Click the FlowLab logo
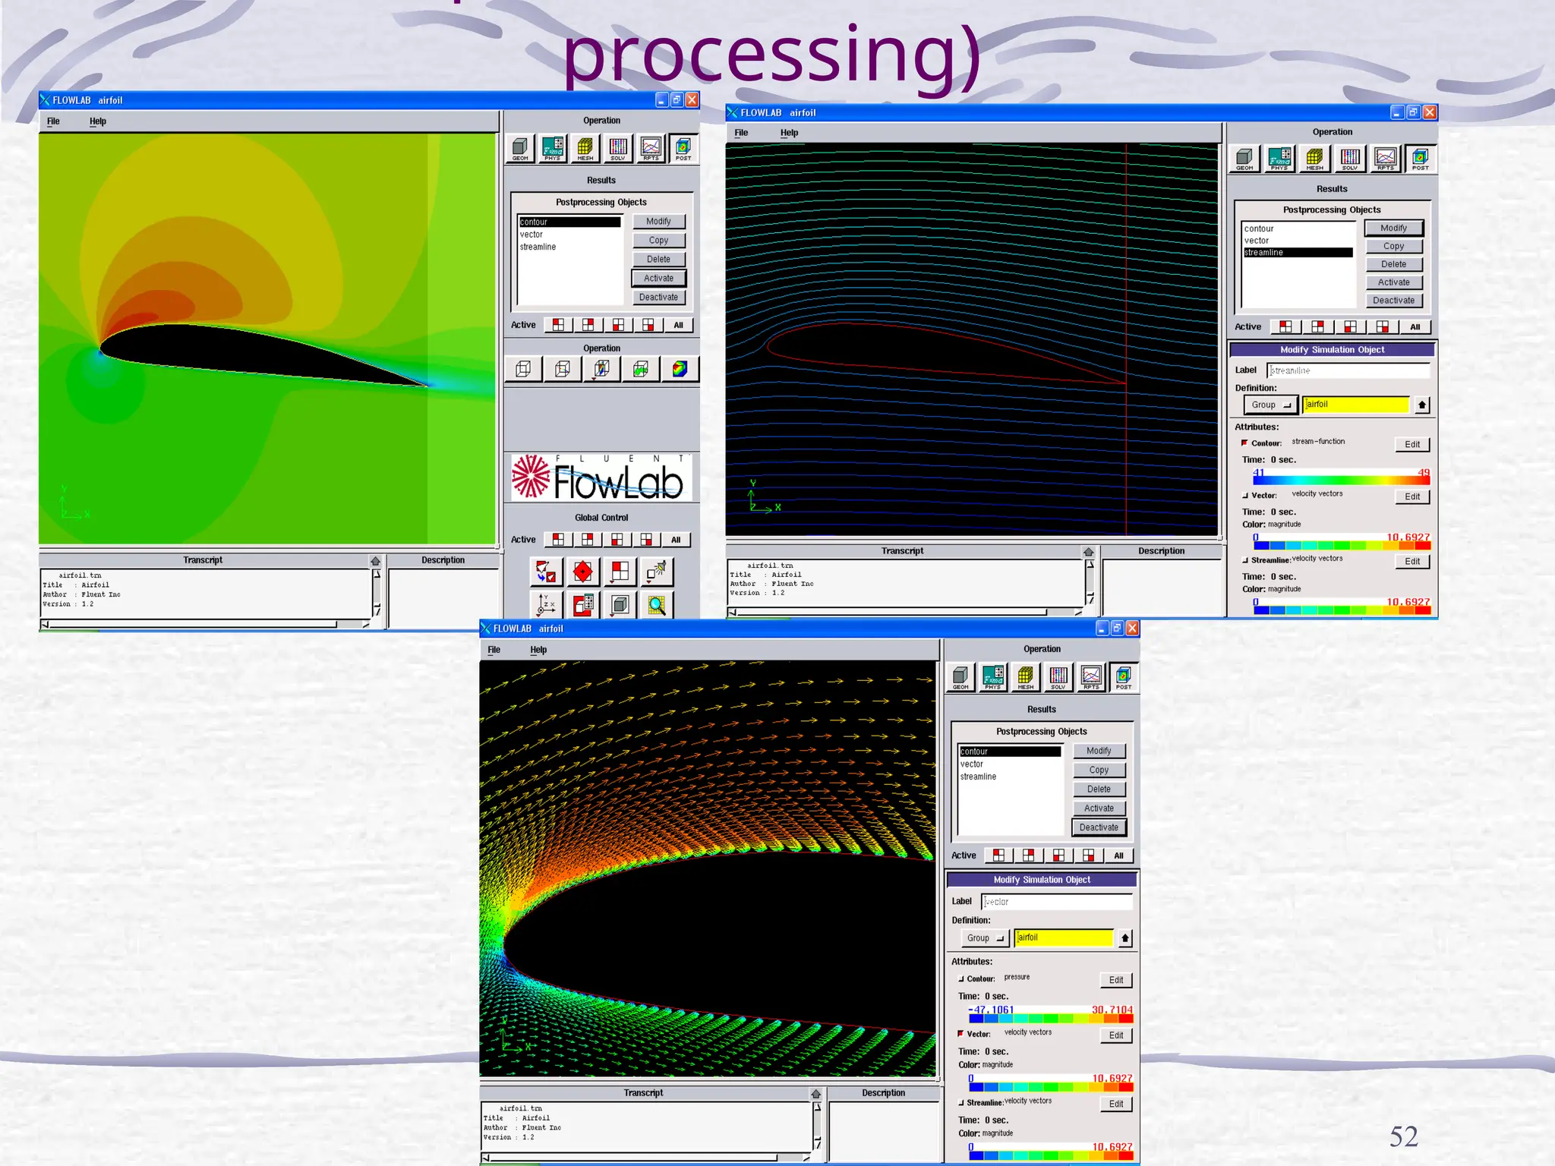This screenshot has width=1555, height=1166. (601, 478)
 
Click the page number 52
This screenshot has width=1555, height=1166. (1403, 1136)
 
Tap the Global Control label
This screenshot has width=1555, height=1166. (601, 518)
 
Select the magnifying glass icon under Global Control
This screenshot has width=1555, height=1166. (656, 605)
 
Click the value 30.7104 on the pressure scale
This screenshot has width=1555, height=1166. (1112, 1010)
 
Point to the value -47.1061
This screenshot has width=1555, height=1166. (992, 1010)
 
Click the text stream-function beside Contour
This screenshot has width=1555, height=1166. (1318, 442)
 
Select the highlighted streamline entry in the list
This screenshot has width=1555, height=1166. (1298, 253)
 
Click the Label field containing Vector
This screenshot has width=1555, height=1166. (1057, 902)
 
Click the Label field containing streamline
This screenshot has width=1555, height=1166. (1348, 370)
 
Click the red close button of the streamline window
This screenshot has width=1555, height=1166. (1430, 112)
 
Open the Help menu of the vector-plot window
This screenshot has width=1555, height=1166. (538, 650)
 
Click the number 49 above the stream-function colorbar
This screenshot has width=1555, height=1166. (1424, 473)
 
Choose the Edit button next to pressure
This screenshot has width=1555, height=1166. (1115, 980)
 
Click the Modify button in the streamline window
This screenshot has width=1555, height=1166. (1393, 228)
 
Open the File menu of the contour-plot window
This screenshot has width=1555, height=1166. (53, 121)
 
